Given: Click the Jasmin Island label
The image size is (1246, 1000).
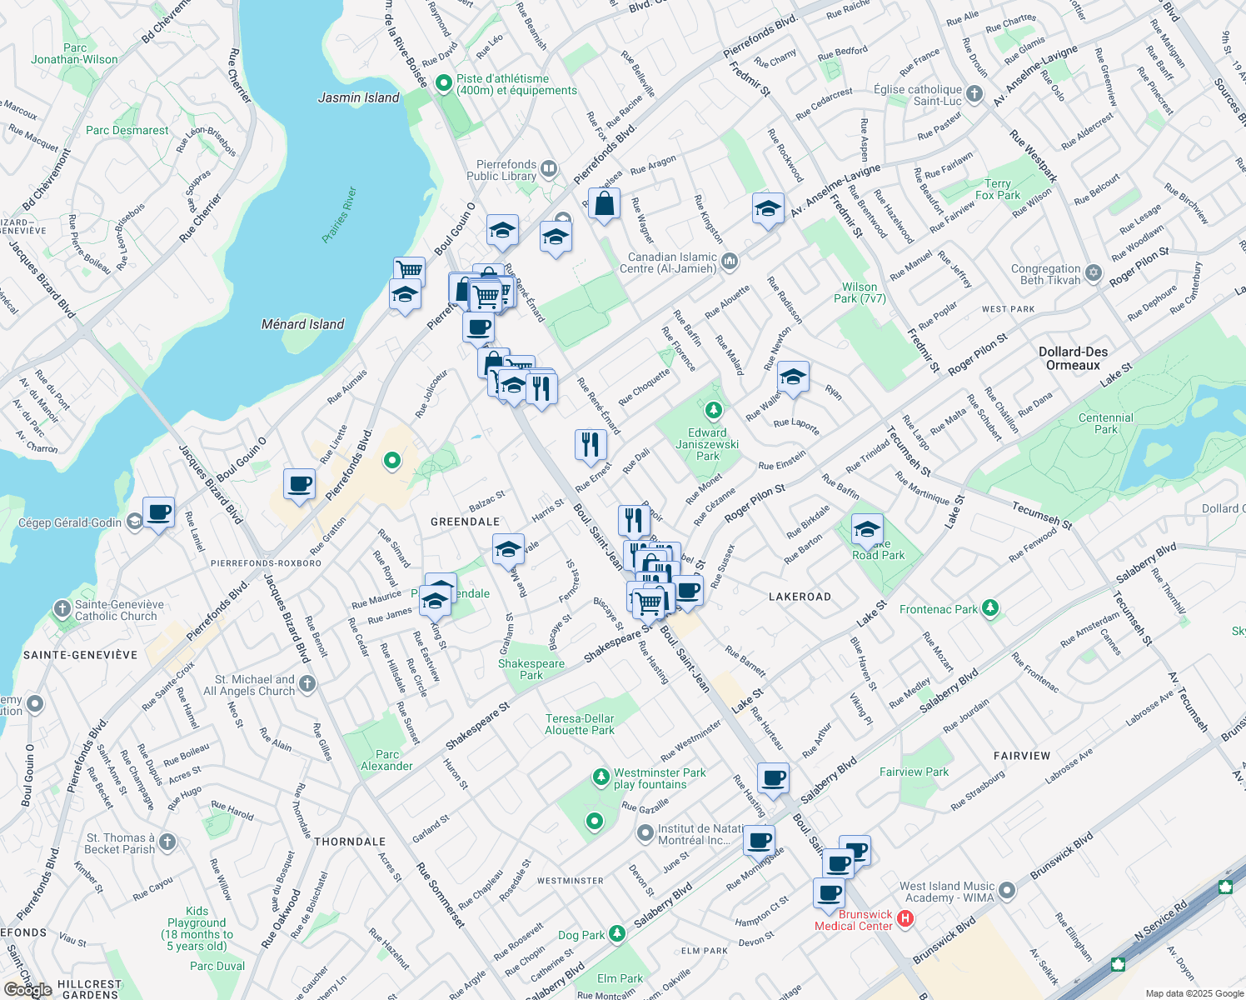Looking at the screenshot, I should coord(359,97).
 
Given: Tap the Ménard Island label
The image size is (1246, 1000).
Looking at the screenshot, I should coord(302,324).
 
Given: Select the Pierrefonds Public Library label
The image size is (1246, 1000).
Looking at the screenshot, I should coord(501,170).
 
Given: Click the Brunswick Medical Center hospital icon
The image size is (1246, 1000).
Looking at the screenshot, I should coord(905,919).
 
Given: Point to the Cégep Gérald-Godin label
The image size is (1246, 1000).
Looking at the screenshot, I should coord(70,522).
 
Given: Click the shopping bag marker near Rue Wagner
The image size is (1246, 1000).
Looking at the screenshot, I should coord(604,204).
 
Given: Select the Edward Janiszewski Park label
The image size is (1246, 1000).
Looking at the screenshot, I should coord(707,444).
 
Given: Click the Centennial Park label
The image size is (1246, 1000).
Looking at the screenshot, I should coord(1105,423).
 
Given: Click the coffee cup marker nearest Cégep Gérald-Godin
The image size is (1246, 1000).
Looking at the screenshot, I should coord(158,512).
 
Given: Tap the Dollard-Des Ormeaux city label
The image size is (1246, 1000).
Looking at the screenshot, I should coord(1073,358).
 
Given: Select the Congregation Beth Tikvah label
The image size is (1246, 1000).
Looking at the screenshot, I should coord(1045,274).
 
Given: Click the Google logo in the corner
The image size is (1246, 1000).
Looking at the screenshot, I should coord(27,990).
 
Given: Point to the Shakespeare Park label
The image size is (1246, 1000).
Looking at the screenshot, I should coord(531,669).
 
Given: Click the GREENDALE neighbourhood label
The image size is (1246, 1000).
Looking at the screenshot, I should coord(465,522).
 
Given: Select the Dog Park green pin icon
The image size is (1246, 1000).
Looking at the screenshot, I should coord(616,932).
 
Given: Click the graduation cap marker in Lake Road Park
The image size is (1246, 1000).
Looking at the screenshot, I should coord(866,529).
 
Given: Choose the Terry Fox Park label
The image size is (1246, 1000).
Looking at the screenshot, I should coord(997,189).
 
